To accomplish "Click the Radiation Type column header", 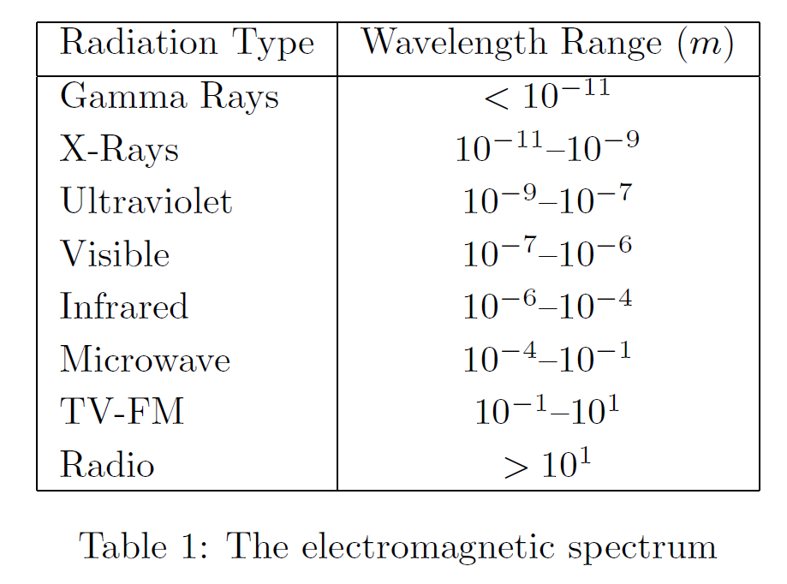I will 187,44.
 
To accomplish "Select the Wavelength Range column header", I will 548,44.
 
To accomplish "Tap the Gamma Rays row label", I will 170,97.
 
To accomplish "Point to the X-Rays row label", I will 120,150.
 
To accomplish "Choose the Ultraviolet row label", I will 146,202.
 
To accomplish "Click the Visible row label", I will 115,254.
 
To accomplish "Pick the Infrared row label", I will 124,307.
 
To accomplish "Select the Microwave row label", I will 146,360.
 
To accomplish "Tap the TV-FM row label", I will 122,412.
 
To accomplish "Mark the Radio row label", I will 107,465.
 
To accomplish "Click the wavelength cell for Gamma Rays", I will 547,97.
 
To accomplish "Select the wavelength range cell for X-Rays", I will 547,149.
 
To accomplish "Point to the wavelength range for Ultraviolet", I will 547,201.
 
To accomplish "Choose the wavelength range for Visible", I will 547,254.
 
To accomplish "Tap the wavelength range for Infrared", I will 547,307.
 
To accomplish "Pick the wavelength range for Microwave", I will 547,359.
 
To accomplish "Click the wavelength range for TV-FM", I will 547,412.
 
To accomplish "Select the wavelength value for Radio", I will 547,465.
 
